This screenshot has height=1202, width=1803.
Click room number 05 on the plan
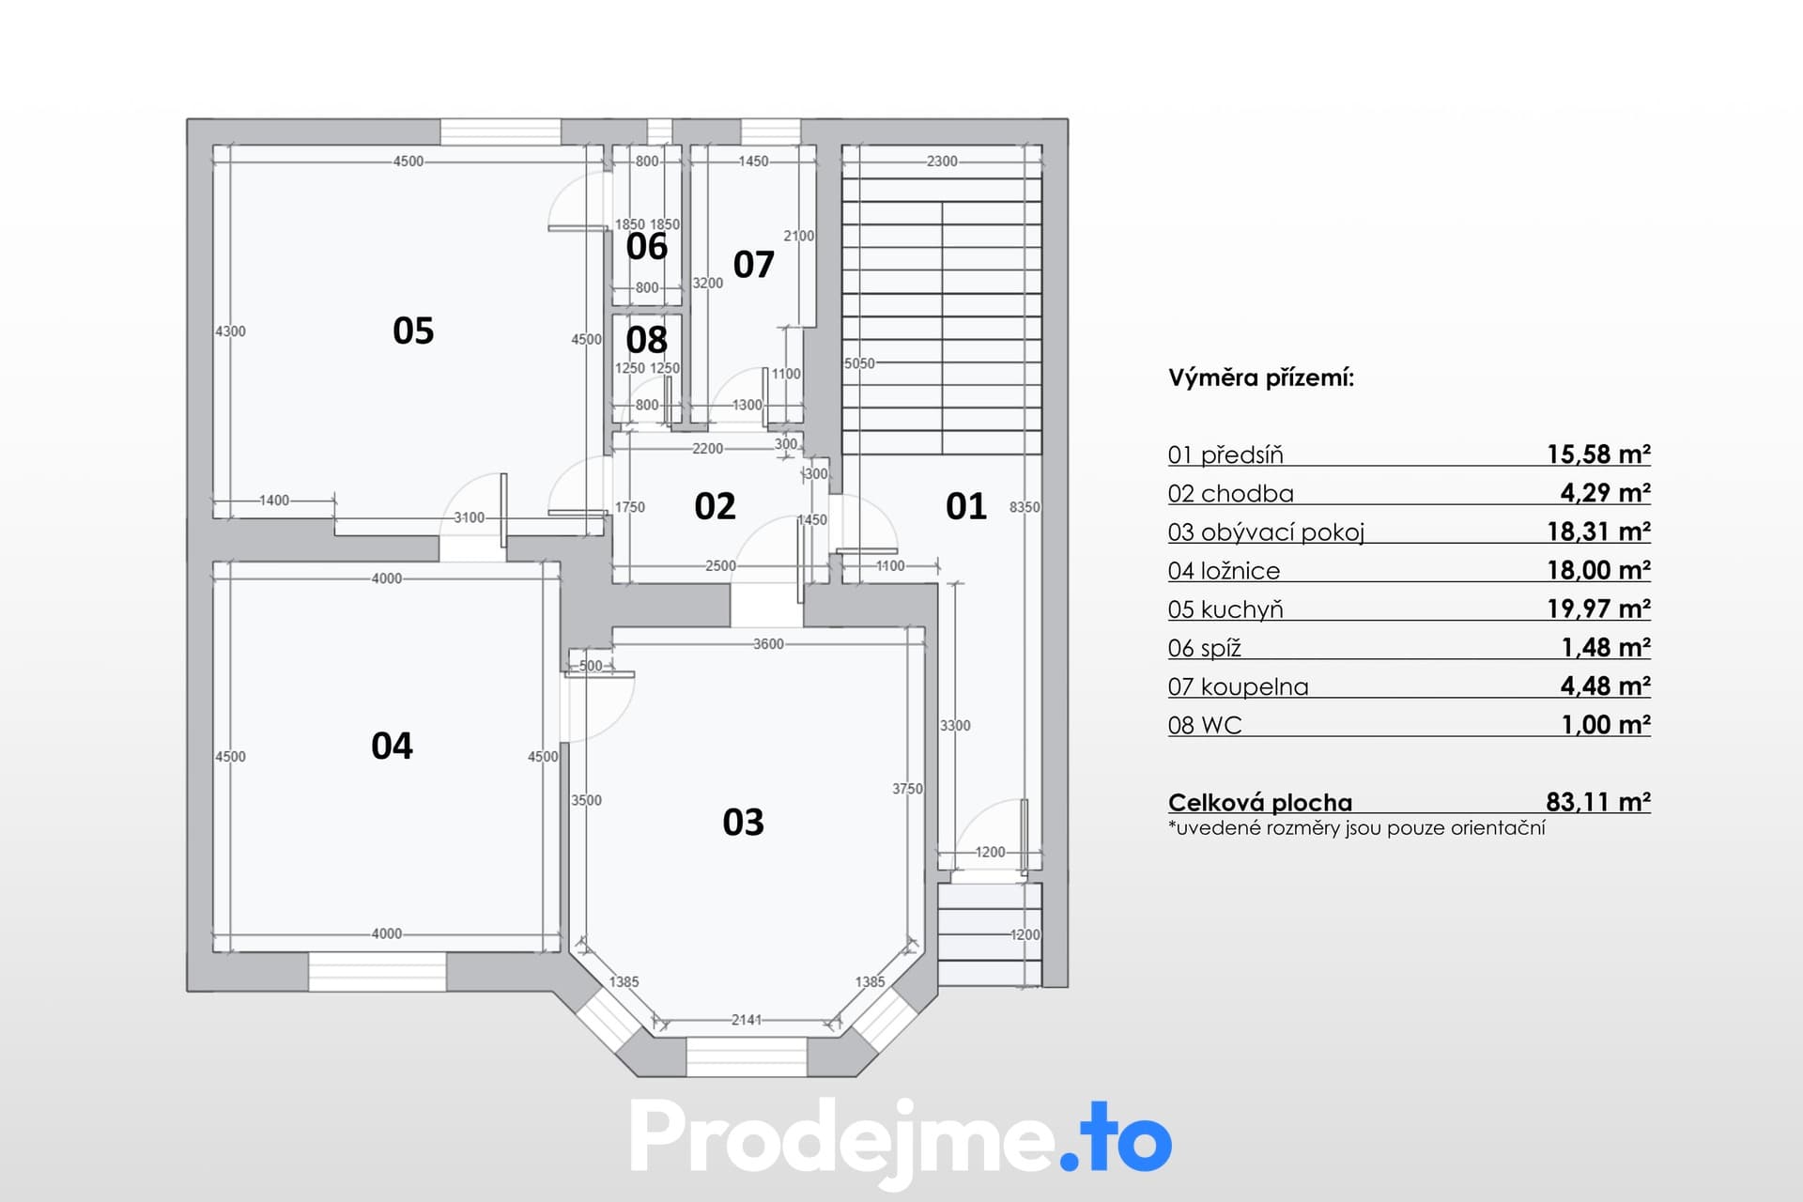413,331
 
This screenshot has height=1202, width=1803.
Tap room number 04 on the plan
392,746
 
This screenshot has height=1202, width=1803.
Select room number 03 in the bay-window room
743,823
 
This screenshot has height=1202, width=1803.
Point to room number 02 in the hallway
715,506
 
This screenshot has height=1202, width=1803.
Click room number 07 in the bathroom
753,265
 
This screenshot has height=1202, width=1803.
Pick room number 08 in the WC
647,339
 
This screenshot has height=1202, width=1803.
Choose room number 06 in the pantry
647,246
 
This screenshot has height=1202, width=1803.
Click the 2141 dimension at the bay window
747,1019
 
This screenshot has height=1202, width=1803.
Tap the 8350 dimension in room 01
1025,507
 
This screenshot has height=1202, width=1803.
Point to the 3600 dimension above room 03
768,644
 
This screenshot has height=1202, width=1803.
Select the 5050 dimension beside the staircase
859,363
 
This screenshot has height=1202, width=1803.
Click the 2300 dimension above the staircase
942,162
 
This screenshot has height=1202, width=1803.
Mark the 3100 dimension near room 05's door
469,517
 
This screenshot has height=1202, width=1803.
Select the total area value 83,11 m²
1598,801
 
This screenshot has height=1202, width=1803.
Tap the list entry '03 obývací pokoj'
1266,532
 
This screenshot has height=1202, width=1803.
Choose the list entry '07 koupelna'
1238,686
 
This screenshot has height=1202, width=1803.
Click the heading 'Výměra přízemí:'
1261,378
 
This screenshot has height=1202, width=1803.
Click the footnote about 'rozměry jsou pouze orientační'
1357,828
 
